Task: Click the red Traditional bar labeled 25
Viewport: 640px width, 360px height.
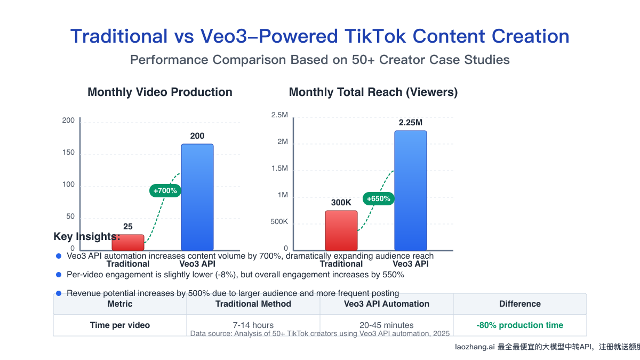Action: click(x=128, y=243)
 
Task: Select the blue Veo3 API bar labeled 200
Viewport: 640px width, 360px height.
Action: click(x=197, y=197)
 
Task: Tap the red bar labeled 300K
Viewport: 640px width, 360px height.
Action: click(x=341, y=230)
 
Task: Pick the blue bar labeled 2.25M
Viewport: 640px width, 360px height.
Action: click(x=411, y=190)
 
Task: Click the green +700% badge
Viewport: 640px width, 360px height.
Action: click(x=165, y=190)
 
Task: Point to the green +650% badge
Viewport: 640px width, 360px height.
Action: click(x=379, y=199)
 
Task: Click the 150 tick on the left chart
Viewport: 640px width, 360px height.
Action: click(x=68, y=153)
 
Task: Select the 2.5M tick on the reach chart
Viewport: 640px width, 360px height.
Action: click(x=279, y=115)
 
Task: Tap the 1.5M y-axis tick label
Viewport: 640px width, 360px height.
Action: click(x=279, y=169)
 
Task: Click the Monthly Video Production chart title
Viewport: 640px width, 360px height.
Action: click(x=160, y=92)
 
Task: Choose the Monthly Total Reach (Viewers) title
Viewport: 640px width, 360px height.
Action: click(x=373, y=92)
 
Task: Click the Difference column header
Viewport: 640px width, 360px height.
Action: click(x=519, y=304)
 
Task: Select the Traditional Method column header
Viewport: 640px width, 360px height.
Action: click(x=253, y=304)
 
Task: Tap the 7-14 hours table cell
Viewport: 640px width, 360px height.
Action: click(x=253, y=325)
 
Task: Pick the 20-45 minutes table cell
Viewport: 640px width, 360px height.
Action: click(x=387, y=325)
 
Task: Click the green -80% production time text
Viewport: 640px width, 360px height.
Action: click(x=519, y=325)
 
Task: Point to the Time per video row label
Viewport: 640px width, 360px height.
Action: click(x=120, y=325)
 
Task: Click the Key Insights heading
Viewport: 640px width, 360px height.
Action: click(x=87, y=236)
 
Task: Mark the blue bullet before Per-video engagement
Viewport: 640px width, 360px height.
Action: click(x=59, y=275)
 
